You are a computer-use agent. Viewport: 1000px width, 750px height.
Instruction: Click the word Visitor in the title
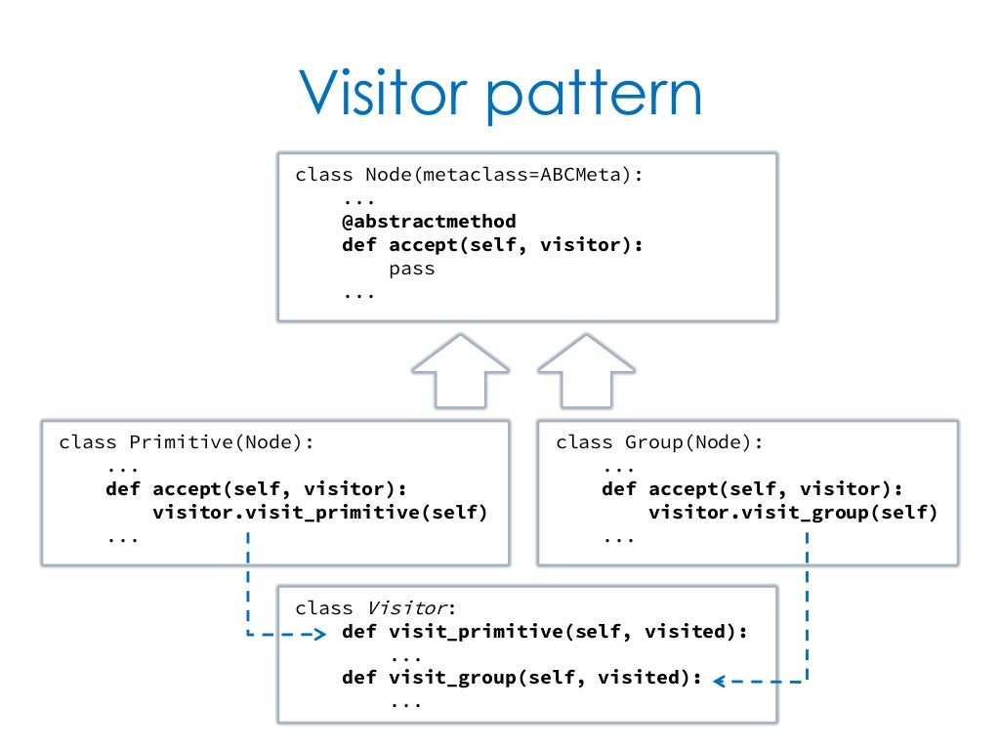pyautogui.click(x=383, y=93)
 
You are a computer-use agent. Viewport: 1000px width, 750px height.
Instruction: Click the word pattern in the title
pyautogui.click(x=595, y=96)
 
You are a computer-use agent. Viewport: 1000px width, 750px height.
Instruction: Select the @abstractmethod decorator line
pyautogui.click(x=430, y=222)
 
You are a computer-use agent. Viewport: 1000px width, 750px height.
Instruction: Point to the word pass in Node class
pyautogui.click(x=412, y=270)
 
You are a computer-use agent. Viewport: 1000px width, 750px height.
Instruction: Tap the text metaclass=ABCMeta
pyautogui.click(x=521, y=174)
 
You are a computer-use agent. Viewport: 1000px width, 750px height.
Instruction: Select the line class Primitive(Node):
pyautogui.click(x=187, y=442)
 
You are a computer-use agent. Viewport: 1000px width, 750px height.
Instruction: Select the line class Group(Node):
pyautogui.click(x=659, y=442)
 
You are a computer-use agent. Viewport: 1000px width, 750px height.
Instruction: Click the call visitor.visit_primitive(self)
pyautogui.click(x=320, y=512)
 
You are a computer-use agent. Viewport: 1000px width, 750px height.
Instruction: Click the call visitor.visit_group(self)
pyautogui.click(x=793, y=512)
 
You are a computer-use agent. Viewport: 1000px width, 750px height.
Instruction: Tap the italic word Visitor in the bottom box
pyautogui.click(x=407, y=607)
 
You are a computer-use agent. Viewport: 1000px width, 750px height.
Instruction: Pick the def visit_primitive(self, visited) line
pyautogui.click(x=545, y=632)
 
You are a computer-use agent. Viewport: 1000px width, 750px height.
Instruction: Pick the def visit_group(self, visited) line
pyautogui.click(x=521, y=678)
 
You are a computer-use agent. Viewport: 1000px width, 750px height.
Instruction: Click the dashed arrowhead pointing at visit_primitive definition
pyautogui.click(x=320, y=634)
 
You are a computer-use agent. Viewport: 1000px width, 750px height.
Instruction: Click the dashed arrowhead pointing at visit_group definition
pyautogui.click(x=720, y=681)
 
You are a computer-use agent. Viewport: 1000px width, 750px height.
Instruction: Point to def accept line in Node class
pyautogui.click(x=492, y=245)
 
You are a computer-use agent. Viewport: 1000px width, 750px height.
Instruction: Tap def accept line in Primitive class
pyautogui.click(x=257, y=489)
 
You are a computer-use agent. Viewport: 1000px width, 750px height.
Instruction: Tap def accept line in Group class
pyautogui.click(x=753, y=489)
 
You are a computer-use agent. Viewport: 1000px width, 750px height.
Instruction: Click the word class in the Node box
pyautogui.click(x=324, y=174)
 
